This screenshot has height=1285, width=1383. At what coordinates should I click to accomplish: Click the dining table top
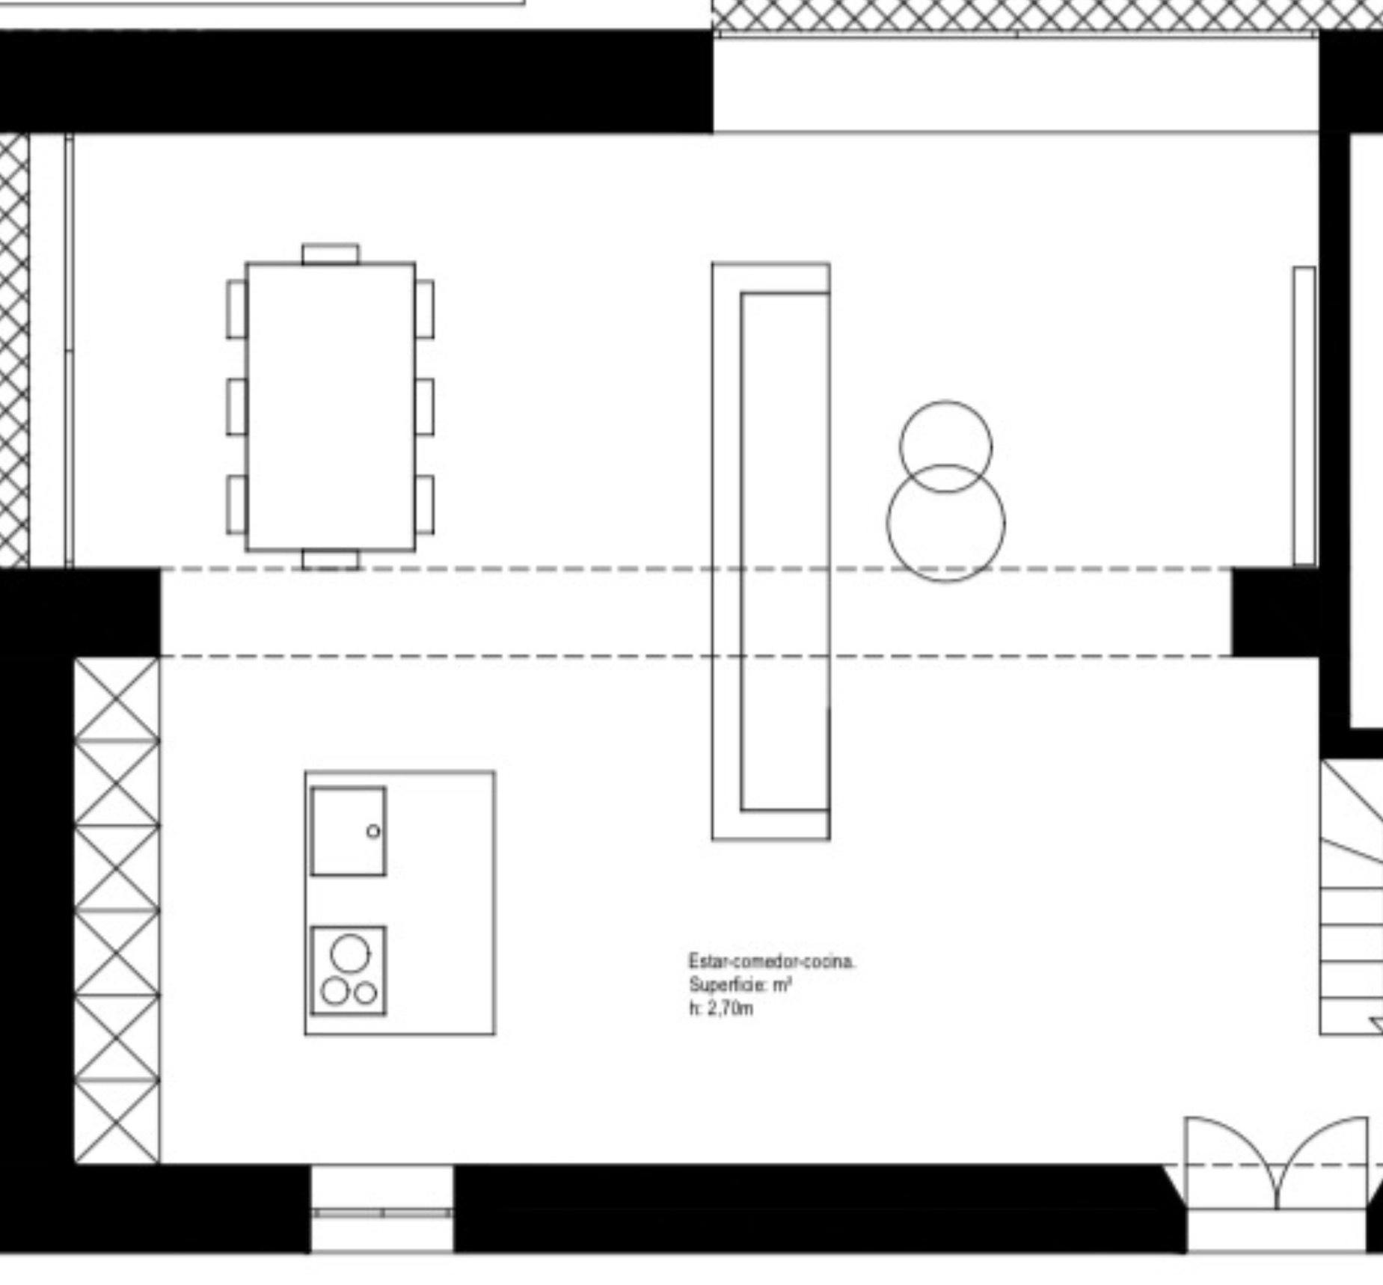[x=331, y=406]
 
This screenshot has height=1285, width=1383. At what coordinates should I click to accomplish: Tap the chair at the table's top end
[x=331, y=254]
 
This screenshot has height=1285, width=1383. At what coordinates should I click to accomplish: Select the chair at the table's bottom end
[x=331, y=559]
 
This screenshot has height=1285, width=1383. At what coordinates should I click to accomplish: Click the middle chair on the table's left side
[x=236, y=406]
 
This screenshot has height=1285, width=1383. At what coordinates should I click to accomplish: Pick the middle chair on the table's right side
[x=424, y=406]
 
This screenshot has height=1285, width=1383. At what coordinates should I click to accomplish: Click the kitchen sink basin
[x=349, y=830]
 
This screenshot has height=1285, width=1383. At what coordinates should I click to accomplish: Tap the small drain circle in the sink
[x=373, y=831]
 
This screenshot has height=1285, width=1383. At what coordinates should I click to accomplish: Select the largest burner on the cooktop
[x=350, y=954]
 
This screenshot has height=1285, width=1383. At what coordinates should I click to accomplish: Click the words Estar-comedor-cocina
[x=772, y=961]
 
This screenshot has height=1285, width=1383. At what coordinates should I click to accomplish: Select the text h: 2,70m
[x=722, y=1008]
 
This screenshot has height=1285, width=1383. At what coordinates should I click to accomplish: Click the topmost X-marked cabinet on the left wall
[x=117, y=699]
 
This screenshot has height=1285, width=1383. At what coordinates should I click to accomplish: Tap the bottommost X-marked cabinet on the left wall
[x=117, y=1122]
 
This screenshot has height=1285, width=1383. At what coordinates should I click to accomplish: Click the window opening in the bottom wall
[x=382, y=1207]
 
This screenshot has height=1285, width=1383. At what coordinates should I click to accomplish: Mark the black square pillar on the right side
[x=1275, y=613]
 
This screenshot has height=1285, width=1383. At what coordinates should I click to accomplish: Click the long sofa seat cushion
[x=785, y=552]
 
